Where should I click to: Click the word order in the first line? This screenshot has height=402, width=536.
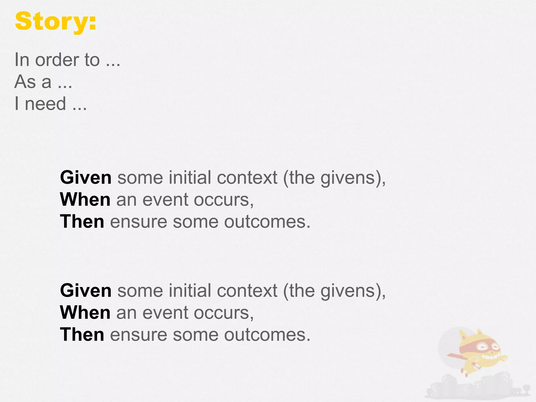(57, 60)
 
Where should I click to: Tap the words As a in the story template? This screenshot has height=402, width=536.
(33, 82)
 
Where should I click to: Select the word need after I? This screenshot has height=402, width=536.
(45, 104)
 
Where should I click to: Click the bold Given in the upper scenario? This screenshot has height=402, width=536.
(86, 178)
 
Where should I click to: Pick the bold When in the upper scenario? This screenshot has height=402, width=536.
(85, 200)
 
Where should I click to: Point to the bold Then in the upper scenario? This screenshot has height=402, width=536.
(82, 222)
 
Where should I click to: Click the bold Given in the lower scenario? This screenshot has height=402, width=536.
(86, 291)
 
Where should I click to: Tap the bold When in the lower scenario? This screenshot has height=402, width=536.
(85, 313)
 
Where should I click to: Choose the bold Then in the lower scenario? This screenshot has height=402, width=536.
(82, 335)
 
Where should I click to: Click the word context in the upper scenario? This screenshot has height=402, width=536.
(247, 178)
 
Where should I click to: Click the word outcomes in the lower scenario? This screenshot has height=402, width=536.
(267, 335)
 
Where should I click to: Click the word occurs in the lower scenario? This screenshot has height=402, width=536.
(224, 313)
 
